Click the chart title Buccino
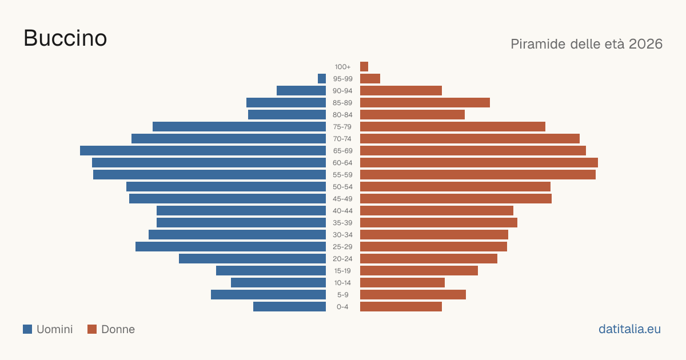65,38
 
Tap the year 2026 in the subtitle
645,44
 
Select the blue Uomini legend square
27,329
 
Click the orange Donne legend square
92,329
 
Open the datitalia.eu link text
629,329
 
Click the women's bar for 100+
364,66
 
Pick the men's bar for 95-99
322,78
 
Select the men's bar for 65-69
203,151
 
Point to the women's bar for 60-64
479,162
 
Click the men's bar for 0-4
289,306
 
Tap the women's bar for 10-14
402,282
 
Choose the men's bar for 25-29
230,246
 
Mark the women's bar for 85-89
425,102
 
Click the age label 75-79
342,127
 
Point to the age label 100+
342,67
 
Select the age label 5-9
342,295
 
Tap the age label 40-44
342,211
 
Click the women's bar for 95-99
370,78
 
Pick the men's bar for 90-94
301,91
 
